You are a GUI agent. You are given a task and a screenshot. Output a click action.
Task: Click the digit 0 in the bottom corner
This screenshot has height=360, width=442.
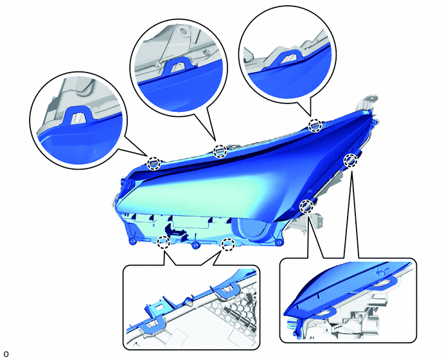tap(6, 354)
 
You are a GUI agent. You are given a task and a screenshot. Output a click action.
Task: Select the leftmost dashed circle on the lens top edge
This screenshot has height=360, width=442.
tap(154, 163)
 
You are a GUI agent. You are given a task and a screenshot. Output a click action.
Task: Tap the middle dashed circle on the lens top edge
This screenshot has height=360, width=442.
tap(220, 152)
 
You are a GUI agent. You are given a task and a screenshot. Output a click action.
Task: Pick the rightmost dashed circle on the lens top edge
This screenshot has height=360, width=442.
tap(315, 125)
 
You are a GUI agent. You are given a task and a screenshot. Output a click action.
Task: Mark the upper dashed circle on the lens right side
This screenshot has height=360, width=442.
tap(350, 160)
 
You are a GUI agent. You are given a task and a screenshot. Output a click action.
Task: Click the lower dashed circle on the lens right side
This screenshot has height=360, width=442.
tap(306, 206)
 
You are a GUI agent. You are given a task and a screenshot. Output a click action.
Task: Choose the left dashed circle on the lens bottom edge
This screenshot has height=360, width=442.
tap(163, 242)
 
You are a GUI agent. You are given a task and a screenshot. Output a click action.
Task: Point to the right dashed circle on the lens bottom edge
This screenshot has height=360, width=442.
tap(228, 244)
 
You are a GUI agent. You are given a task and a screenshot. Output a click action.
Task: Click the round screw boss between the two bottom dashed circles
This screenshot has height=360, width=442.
tap(195, 245)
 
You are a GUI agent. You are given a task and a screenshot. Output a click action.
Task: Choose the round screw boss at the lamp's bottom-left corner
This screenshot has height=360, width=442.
tap(132, 241)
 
